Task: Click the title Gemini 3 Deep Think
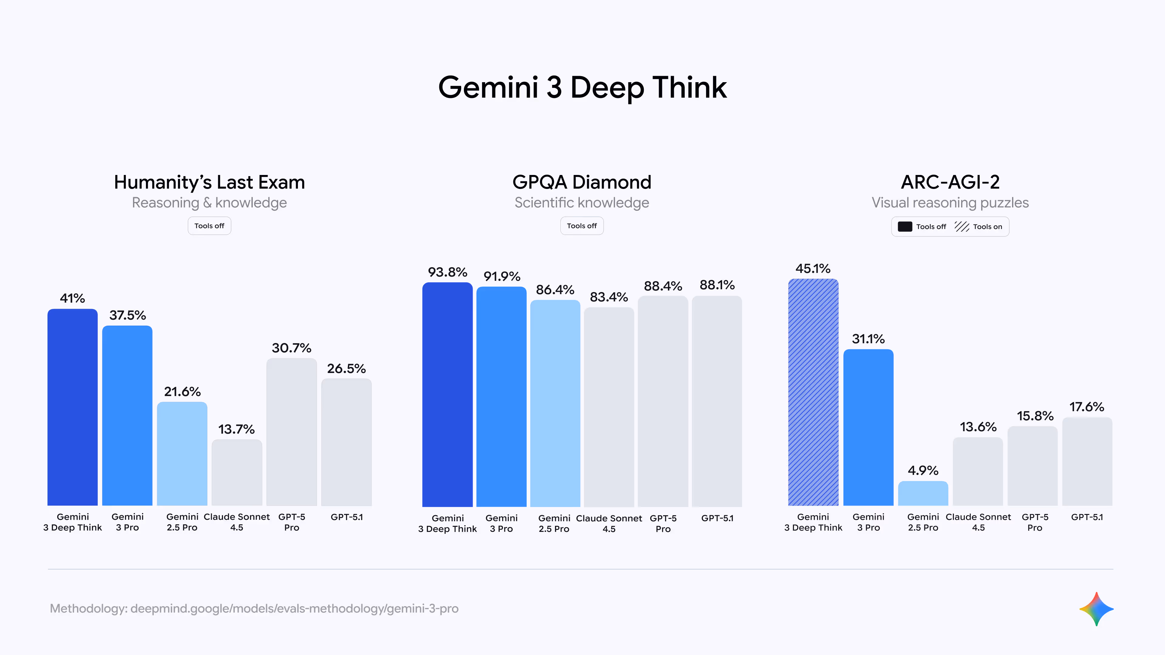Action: [x=582, y=87]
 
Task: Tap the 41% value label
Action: [x=73, y=298]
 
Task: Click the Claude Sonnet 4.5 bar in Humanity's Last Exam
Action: [x=237, y=472]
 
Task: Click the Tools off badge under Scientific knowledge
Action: [x=582, y=226]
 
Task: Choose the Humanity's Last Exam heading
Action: [x=209, y=182]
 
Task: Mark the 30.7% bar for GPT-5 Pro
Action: [x=291, y=432]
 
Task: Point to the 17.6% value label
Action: [x=1086, y=407]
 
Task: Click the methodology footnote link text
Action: [x=254, y=608]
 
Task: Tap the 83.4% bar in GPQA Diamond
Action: [x=609, y=407]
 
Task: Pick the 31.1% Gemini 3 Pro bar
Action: [x=868, y=427]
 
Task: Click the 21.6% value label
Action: [x=182, y=391]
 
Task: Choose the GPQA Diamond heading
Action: [x=582, y=182]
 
